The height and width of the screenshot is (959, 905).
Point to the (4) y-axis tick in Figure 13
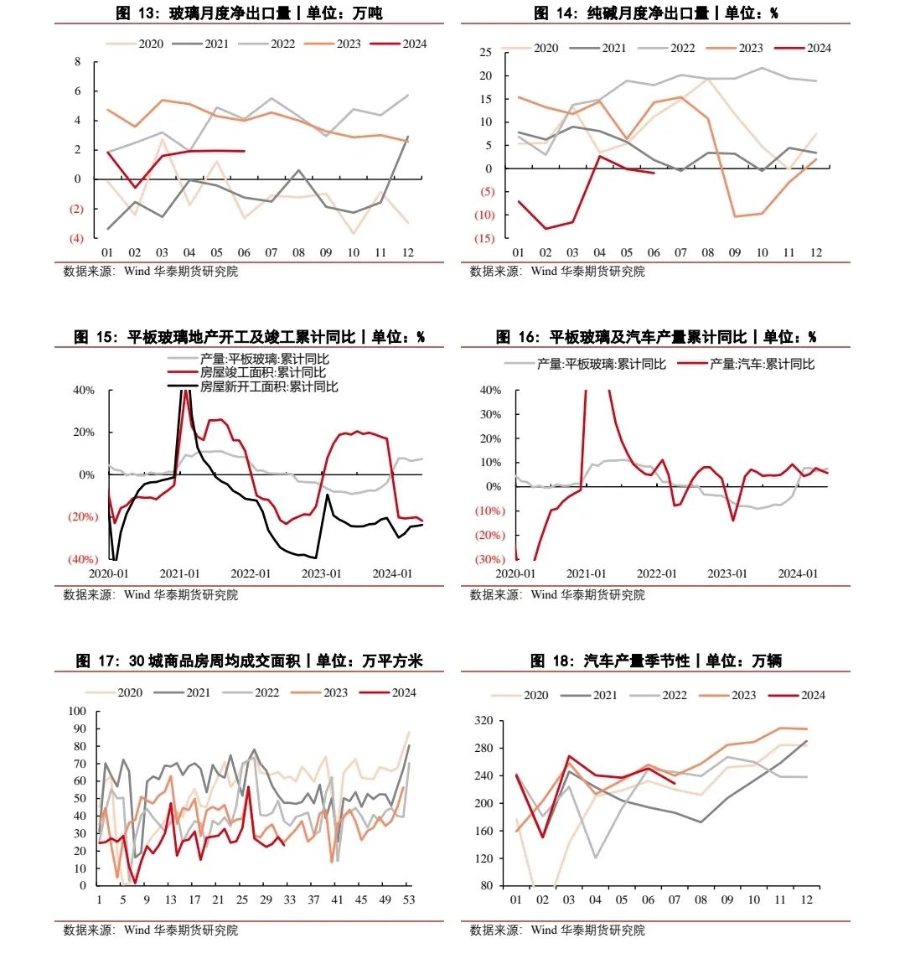pyautogui.click(x=76, y=238)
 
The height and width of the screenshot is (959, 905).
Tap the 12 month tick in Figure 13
pyautogui.click(x=408, y=252)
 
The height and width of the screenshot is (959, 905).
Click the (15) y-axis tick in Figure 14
pyautogui.click(x=484, y=238)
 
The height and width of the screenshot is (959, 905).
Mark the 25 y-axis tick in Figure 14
pyautogui.click(x=485, y=52)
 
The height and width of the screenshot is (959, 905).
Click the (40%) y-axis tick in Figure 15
pyautogui.click(x=83, y=559)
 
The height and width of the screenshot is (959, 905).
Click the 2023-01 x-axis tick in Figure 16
pyautogui.click(x=727, y=573)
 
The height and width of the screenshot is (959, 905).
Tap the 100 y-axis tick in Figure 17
pyautogui.click(x=77, y=711)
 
